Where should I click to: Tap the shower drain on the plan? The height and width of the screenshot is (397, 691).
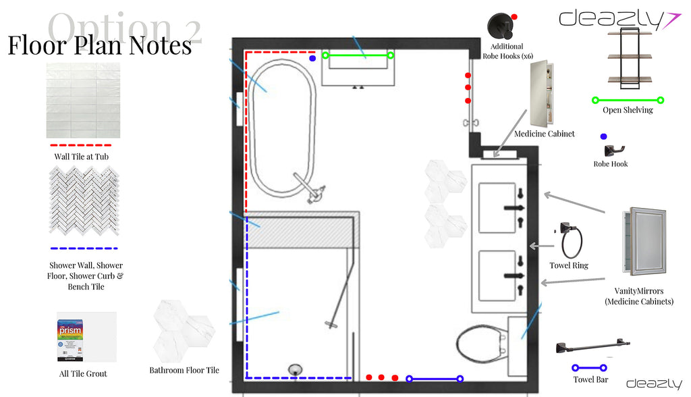[x=295, y=369]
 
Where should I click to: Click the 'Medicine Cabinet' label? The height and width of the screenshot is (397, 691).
[x=545, y=134]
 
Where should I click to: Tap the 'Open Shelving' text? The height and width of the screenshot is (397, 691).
[x=628, y=110]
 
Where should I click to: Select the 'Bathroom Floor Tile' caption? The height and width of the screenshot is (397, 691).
[x=184, y=370]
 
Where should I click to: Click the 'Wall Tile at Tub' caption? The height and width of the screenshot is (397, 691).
[x=81, y=157]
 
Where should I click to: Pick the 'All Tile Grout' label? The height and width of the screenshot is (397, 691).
[x=83, y=373]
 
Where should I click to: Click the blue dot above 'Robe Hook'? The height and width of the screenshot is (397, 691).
[x=603, y=137]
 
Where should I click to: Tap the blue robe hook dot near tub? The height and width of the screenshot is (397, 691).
[x=312, y=58]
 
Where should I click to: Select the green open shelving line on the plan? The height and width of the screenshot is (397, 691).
[x=358, y=55]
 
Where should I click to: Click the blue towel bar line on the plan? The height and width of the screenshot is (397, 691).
[x=435, y=379]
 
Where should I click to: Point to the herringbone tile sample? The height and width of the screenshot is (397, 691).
[x=83, y=201]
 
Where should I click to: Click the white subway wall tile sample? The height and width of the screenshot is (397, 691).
[x=83, y=100]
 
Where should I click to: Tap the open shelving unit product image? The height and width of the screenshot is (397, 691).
[x=629, y=57]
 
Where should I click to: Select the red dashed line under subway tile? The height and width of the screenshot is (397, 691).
[x=81, y=144]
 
